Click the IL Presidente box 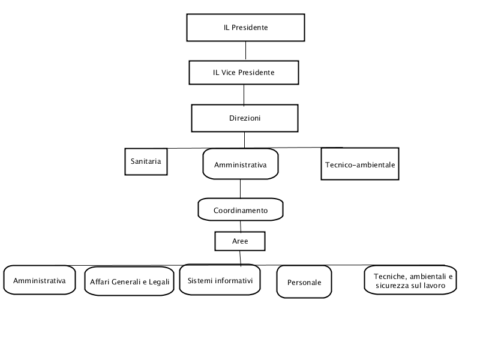tap(245, 28)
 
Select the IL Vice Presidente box tap(244, 73)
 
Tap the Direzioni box tap(245, 118)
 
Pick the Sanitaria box tap(146, 161)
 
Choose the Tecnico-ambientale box tap(360, 164)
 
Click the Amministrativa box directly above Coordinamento tap(241, 164)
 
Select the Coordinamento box tap(241, 209)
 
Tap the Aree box tap(240, 241)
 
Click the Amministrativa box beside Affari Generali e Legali tap(40, 280)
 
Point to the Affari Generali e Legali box tap(129, 281)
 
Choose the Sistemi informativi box tap(220, 280)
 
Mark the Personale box tap(304, 281)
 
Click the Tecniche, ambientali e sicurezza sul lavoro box tap(410, 280)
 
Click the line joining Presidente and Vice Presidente tap(245, 51)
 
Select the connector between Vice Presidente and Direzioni tap(244, 95)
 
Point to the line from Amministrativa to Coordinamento tap(241, 189)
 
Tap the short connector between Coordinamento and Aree tap(241, 226)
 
